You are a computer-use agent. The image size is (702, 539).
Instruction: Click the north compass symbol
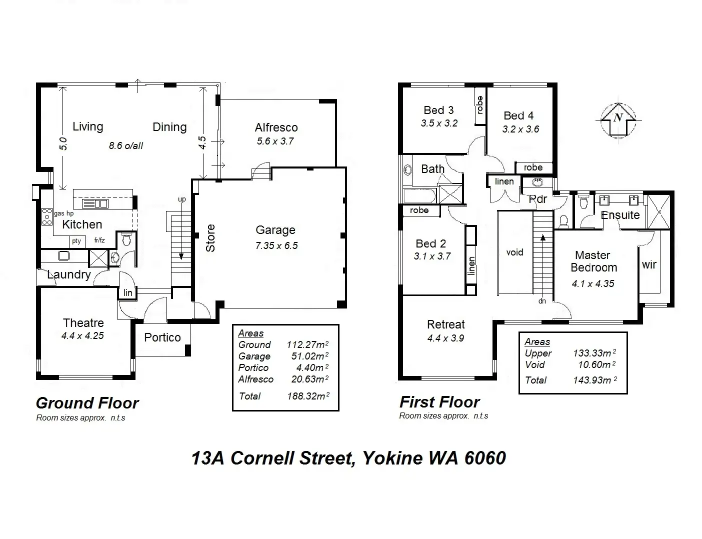pyautogui.click(x=618, y=119)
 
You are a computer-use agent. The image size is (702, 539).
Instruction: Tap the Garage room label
pyautogui.click(x=275, y=230)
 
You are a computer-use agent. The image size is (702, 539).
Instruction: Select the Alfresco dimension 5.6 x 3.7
pyautogui.click(x=275, y=141)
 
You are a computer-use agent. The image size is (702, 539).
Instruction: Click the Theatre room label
pyautogui.click(x=83, y=323)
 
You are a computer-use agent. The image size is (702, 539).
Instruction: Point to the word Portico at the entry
pyautogui.click(x=162, y=337)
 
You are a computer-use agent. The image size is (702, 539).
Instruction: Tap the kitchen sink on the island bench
pyautogui.click(x=95, y=203)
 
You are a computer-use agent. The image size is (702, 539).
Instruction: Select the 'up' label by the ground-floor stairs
pyautogui.click(x=181, y=199)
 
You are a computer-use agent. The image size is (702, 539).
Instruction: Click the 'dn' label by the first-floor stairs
pyautogui.click(x=542, y=301)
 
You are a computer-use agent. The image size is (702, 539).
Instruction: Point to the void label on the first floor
pyautogui.click(x=514, y=252)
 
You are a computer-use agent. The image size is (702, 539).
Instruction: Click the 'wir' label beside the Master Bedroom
pyautogui.click(x=649, y=264)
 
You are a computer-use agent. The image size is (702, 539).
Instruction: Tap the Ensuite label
pyautogui.click(x=620, y=215)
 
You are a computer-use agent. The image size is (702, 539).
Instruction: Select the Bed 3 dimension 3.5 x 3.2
pyautogui.click(x=439, y=123)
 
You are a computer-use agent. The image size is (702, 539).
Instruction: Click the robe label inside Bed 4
pyautogui.click(x=533, y=167)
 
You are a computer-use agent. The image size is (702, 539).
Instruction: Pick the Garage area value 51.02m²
pyautogui.click(x=310, y=356)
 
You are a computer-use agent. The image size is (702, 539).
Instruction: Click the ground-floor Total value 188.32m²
pyautogui.click(x=308, y=396)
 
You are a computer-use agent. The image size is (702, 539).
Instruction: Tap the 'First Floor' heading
pyautogui.click(x=439, y=402)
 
